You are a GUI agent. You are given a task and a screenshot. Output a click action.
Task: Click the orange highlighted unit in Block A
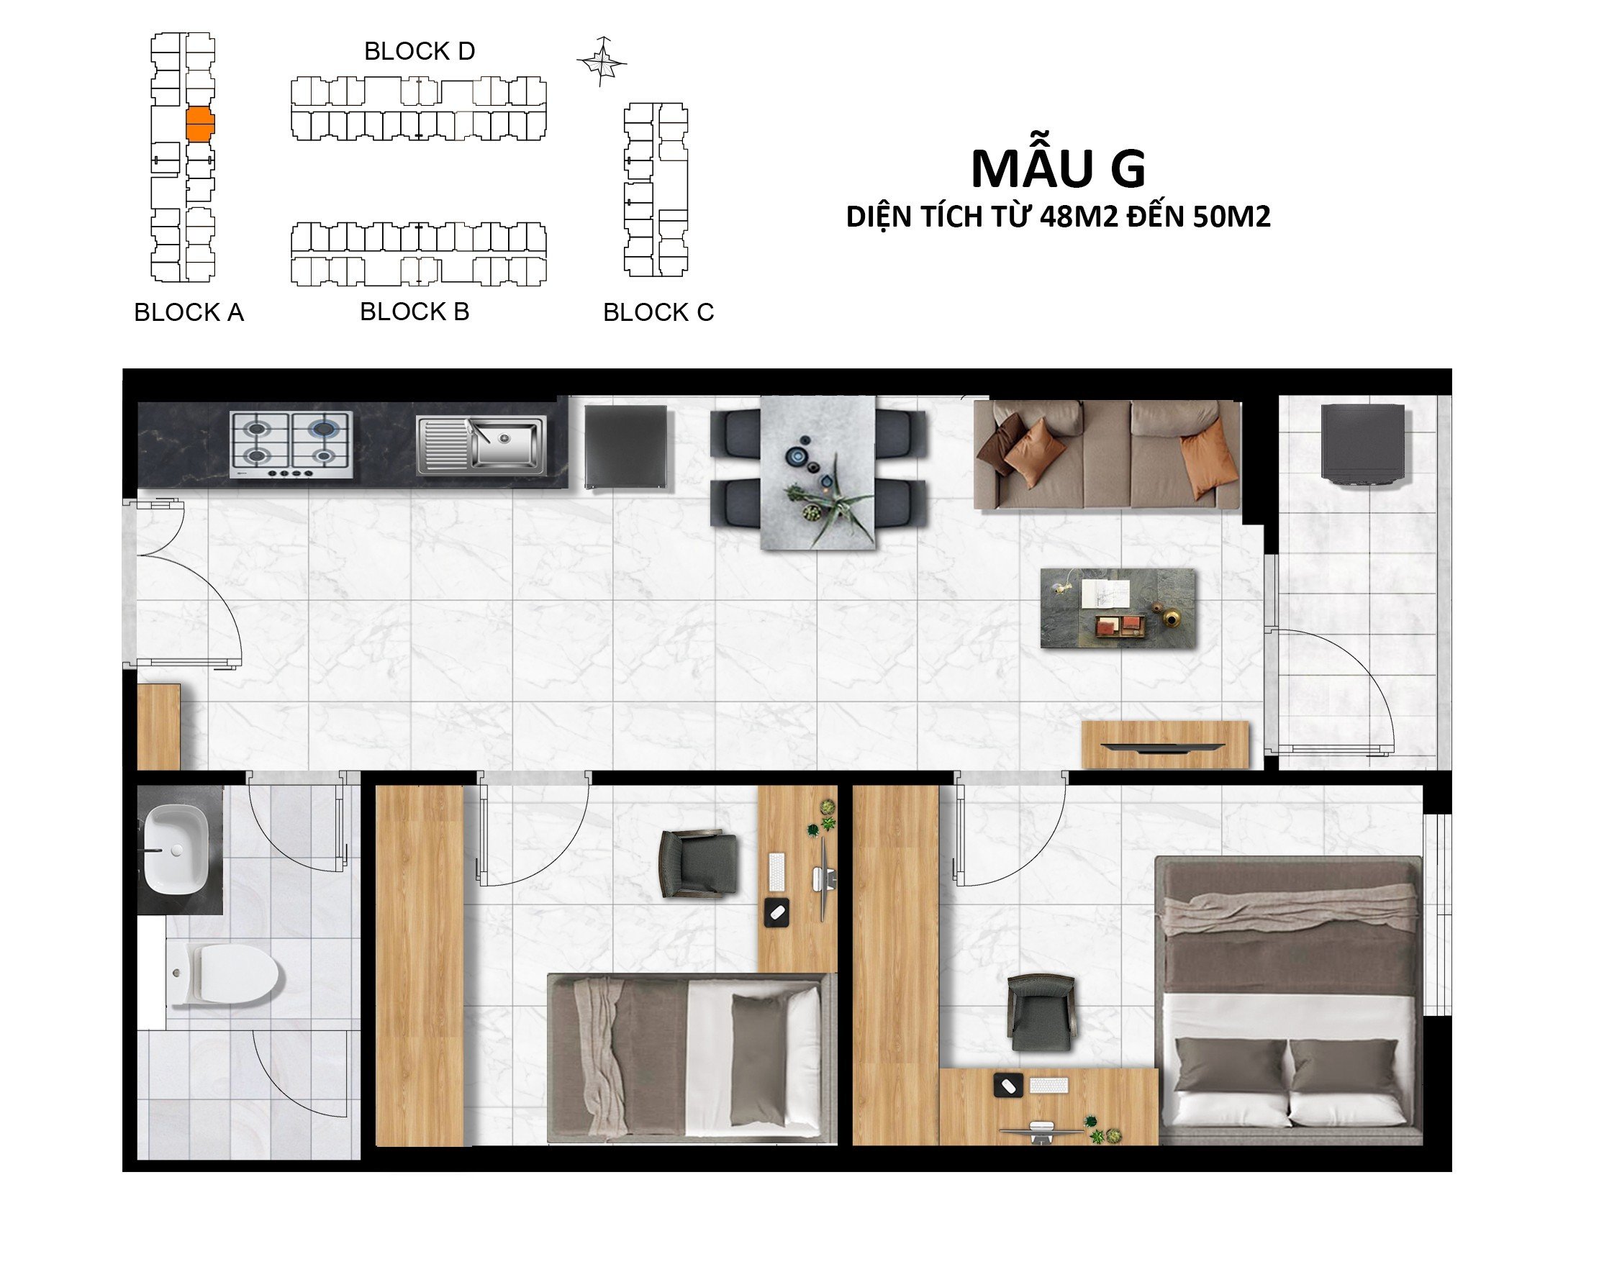199,124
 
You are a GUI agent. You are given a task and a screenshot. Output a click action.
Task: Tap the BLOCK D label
419,51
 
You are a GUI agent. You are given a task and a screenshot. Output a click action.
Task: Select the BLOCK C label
658,312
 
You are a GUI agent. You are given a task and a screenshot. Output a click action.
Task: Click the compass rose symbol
602,61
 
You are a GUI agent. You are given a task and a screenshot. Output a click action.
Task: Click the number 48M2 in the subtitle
1078,217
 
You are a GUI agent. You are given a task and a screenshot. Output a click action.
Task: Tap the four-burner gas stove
291,445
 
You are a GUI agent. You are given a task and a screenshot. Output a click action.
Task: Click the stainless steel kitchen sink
481,444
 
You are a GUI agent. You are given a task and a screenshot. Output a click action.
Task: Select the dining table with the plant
818,473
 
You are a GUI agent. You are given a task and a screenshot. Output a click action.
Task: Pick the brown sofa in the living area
1106,455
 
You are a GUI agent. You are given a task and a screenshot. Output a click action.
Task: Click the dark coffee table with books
1118,608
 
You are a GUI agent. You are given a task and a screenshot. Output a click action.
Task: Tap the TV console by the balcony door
1165,745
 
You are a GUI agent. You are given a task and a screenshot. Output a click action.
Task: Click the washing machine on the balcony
1362,445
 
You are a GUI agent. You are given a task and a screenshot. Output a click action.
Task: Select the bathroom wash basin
175,849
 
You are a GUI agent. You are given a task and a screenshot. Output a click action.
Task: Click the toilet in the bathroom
225,975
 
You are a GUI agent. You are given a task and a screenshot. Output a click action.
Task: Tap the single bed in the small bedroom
692,1058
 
